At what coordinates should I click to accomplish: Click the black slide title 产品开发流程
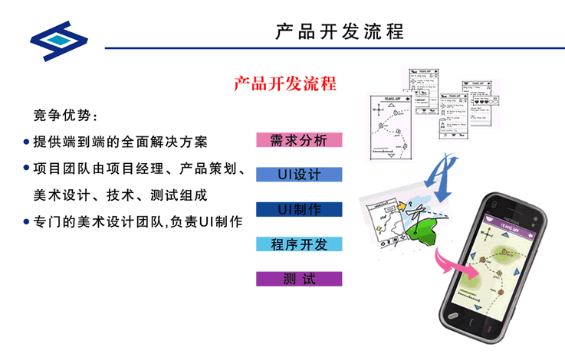[340, 31]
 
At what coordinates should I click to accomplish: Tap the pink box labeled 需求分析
[299, 140]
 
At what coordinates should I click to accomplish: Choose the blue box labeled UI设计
[299, 175]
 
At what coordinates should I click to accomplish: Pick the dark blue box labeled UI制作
[299, 210]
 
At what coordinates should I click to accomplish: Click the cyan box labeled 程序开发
[299, 244]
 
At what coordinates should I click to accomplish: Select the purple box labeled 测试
[299, 279]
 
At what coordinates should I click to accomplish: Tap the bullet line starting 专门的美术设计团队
[138, 222]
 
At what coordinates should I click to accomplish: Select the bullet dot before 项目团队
[27, 169]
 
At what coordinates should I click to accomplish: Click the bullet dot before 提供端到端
[27, 142]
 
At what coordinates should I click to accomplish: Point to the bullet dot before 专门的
[27, 223]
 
